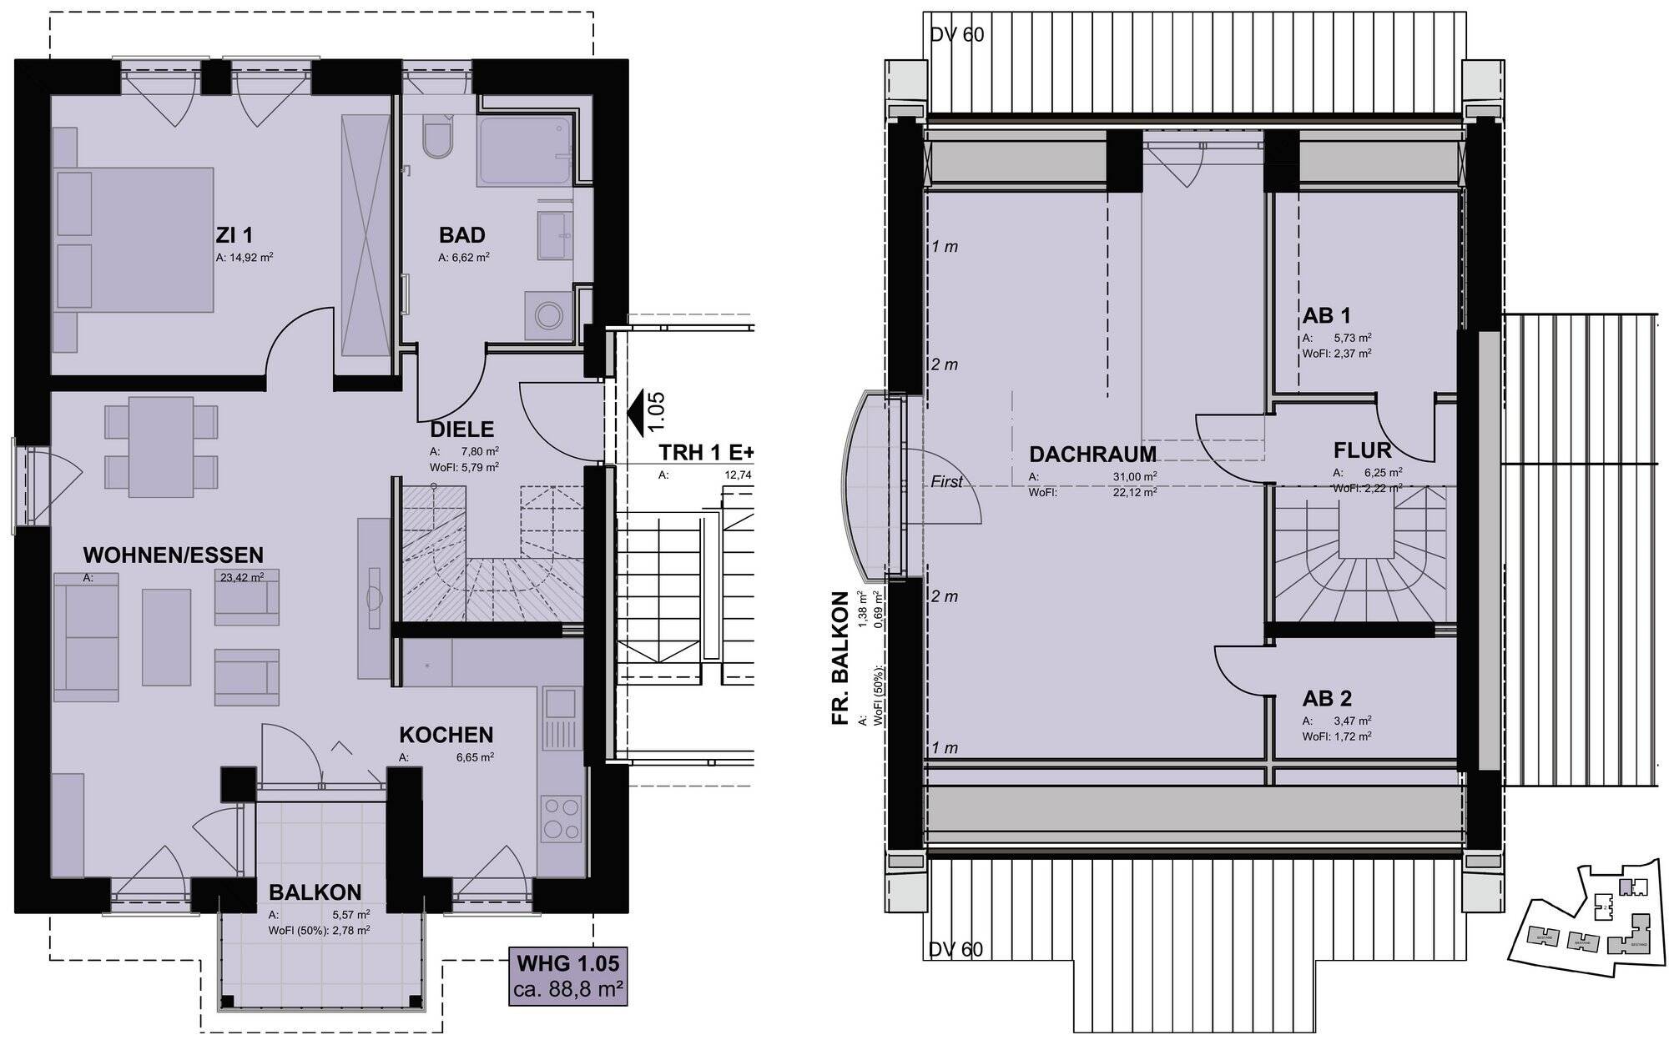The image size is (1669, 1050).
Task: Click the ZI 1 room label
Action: pos(234,236)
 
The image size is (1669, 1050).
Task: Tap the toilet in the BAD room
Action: pos(436,140)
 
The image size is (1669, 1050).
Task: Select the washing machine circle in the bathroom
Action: pos(548,316)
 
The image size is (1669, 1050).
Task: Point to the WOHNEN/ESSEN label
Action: pos(173,555)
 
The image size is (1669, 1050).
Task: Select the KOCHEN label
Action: pos(446,735)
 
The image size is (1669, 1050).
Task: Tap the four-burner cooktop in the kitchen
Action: pos(562,819)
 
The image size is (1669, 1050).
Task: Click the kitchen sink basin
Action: pos(557,705)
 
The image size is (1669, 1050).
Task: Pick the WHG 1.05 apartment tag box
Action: pos(567,976)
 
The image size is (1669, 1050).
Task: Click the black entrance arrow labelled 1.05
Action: pos(638,413)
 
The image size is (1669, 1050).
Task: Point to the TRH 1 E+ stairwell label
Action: pos(706,453)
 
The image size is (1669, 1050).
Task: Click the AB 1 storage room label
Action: pos(1326,316)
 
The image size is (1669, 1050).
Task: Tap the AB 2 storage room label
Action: pos(1327,699)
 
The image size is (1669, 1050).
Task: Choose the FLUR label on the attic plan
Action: pos(1362,451)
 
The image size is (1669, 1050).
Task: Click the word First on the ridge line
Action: pos(946,481)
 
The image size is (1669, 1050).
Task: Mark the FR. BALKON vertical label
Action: pos(841,659)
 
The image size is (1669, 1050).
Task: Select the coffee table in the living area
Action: pos(166,636)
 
